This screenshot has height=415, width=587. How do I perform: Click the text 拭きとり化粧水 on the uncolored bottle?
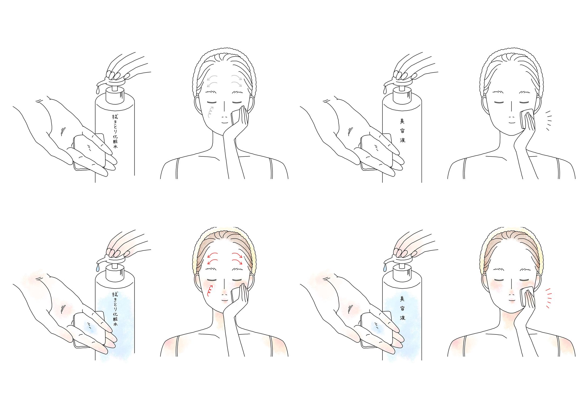[x=115, y=131]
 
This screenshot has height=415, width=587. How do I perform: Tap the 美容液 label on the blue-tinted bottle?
[x=402, y=308]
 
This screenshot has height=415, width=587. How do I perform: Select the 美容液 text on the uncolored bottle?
[x=402, y=131]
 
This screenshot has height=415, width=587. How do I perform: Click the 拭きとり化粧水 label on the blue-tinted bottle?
[x=115, y=309]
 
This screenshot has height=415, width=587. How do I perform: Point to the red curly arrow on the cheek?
[x=210, y=291]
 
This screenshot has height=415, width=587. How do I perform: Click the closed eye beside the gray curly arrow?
[x=212, y=102]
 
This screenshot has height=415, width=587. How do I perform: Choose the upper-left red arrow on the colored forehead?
[x=212, y=255]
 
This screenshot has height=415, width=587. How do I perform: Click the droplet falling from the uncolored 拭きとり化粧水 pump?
[x=98, y=90]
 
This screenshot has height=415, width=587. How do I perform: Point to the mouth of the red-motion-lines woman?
[x=512, y=300]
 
